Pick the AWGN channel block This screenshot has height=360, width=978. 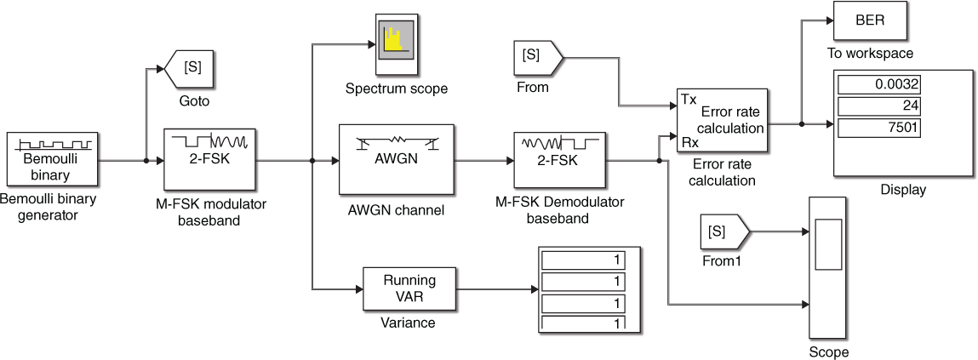[x=396, y=159]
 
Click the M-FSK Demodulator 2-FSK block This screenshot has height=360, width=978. [x=558, y=159]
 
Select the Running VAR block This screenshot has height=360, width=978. [x=409, y=289]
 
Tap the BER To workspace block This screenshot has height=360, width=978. [x=869, y=20]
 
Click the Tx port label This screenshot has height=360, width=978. [x=689, y=100]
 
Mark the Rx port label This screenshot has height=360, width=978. [x=689, y=143]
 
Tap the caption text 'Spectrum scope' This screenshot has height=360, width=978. [x=396, y=89]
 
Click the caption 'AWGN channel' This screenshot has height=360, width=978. [x=396, y=210]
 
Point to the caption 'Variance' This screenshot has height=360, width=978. [x=408, y=323]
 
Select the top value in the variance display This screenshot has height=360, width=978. [x=584, y=259]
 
